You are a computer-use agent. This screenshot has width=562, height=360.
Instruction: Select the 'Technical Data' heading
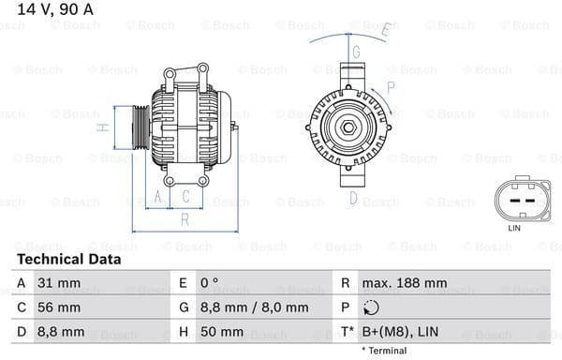(x=68, y=259)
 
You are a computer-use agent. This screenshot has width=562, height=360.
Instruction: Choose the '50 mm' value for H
(x=223, y=332)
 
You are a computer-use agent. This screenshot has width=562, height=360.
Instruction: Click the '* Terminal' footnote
(x=384, y=351)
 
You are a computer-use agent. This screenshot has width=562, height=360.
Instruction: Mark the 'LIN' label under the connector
(x=513, y=228)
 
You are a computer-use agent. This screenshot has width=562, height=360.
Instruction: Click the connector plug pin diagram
(x=513, y=200)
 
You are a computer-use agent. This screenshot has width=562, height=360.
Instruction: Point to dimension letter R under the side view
(x=185, y=219)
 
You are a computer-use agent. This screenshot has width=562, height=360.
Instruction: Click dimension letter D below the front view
(x=353, y=197)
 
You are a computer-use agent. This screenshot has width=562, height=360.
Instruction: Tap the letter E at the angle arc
(x=384, y=31)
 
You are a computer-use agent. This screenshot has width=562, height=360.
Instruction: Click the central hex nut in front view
(x=346, y=127)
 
